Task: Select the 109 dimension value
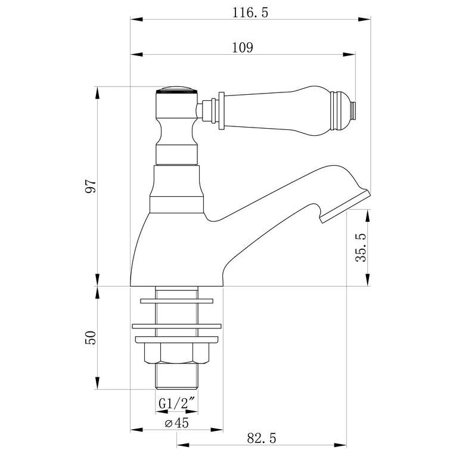pos(244,48)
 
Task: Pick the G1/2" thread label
pos(176,404)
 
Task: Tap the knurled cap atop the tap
pos(176,92)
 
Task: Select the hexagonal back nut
pos(176,354)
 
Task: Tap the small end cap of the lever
pos(353,110)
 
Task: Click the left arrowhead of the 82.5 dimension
pos(180,445)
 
